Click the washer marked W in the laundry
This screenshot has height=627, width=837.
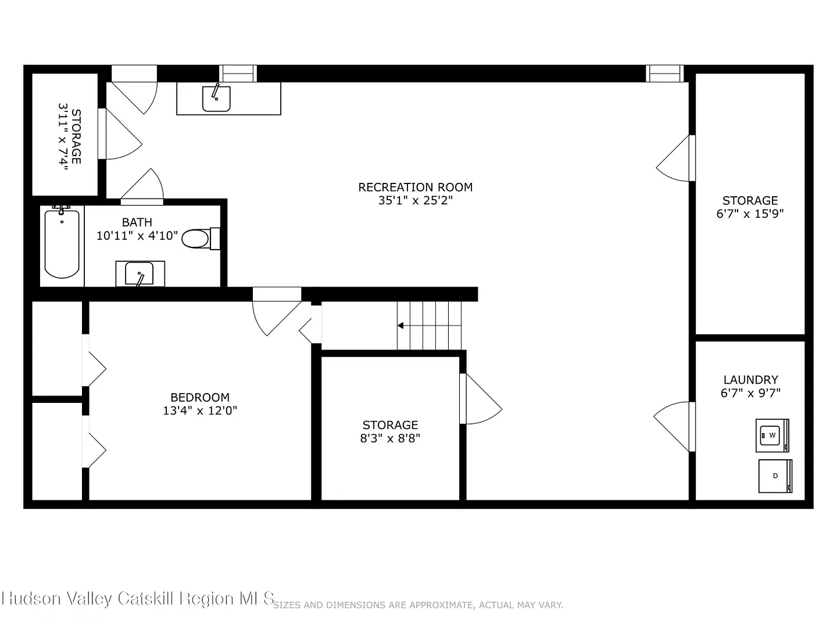(772, 435)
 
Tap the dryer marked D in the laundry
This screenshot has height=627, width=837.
(775, 476)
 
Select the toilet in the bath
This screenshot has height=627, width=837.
(201, 239)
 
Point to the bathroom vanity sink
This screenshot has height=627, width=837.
(139, 273)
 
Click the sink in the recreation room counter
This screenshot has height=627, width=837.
(216, 98)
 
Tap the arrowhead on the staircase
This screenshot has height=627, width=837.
(400, 326)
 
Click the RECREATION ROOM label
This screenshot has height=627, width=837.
(415, 188)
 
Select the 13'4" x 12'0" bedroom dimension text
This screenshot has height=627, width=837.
(200, 411)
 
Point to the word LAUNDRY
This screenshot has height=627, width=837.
(750, 380)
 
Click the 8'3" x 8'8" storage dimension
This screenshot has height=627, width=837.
(390, 438)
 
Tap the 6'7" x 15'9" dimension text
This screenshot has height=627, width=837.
(750, 214)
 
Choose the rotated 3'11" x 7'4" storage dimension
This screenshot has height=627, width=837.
(63, 137)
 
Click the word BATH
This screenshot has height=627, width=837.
(137, 222)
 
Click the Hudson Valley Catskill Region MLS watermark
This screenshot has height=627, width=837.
(138, 599)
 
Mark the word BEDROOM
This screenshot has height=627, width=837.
(200, 398)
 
